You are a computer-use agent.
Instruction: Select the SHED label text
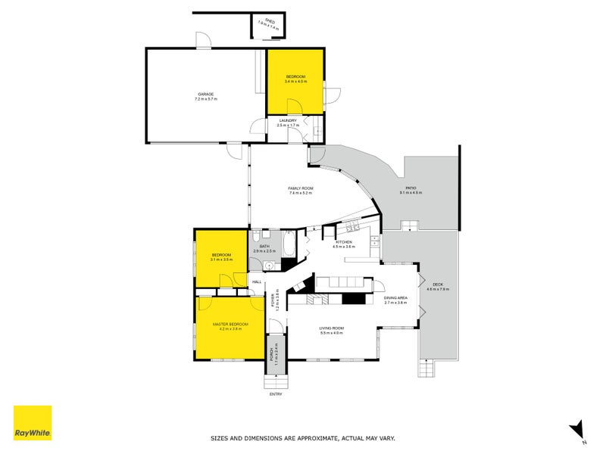point(268,23)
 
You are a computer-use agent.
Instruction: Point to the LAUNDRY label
point(287,120)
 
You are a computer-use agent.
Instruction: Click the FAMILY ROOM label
point(301,188)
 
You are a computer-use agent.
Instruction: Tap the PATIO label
point(411,188)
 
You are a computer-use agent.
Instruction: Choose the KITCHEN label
point(344,241)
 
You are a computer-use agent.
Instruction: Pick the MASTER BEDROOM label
point(230,324)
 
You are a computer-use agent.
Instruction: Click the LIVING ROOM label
point(333,328)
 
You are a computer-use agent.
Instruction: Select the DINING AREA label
point(395,298)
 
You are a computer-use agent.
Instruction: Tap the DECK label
point(438,285)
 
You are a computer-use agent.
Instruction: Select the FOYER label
point(277,301)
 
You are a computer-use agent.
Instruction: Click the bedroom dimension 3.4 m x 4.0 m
point(295,81)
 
